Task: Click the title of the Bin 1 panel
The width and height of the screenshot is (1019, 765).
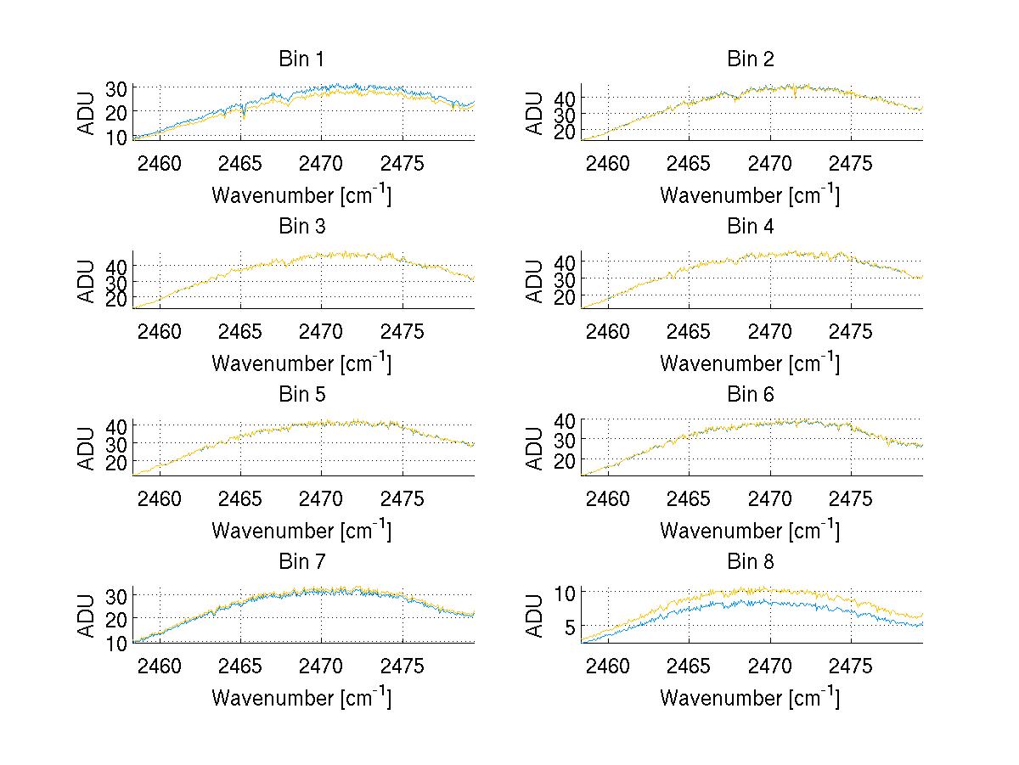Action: click(301, 59)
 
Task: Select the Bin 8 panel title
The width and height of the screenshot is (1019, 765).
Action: click(751, 562)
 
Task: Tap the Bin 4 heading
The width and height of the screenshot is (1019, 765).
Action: click(751, 227)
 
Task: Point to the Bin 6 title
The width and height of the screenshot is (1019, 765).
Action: click(751, 395)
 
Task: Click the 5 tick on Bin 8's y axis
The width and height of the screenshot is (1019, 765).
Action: click(567, 627)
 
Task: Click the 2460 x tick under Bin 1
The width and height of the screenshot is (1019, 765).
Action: click(159, 163)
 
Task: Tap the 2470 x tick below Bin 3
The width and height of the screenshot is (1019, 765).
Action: click(321, 331)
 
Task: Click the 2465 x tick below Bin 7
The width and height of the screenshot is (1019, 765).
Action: click(240, 667)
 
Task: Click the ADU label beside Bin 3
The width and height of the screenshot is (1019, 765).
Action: click(87, 280)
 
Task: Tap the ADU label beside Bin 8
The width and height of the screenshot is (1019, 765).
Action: click(536, 616)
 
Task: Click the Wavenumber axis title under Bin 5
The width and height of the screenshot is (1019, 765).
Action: click(301, 531)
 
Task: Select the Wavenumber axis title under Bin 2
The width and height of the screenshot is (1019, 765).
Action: click(750, 195)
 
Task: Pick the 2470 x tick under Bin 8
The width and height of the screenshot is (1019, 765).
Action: click(769, 667)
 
